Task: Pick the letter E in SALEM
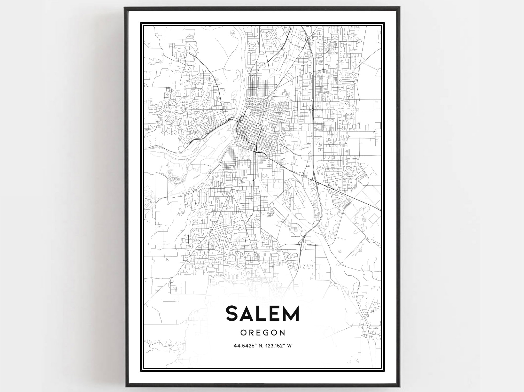pyautogui.click(x=276, y=313)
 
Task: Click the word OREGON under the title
pyautogui.click(x=262, y=333)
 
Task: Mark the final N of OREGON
pyautogui.click(x=282, y=333)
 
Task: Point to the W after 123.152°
pyautogui.click(x=289, y=346)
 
